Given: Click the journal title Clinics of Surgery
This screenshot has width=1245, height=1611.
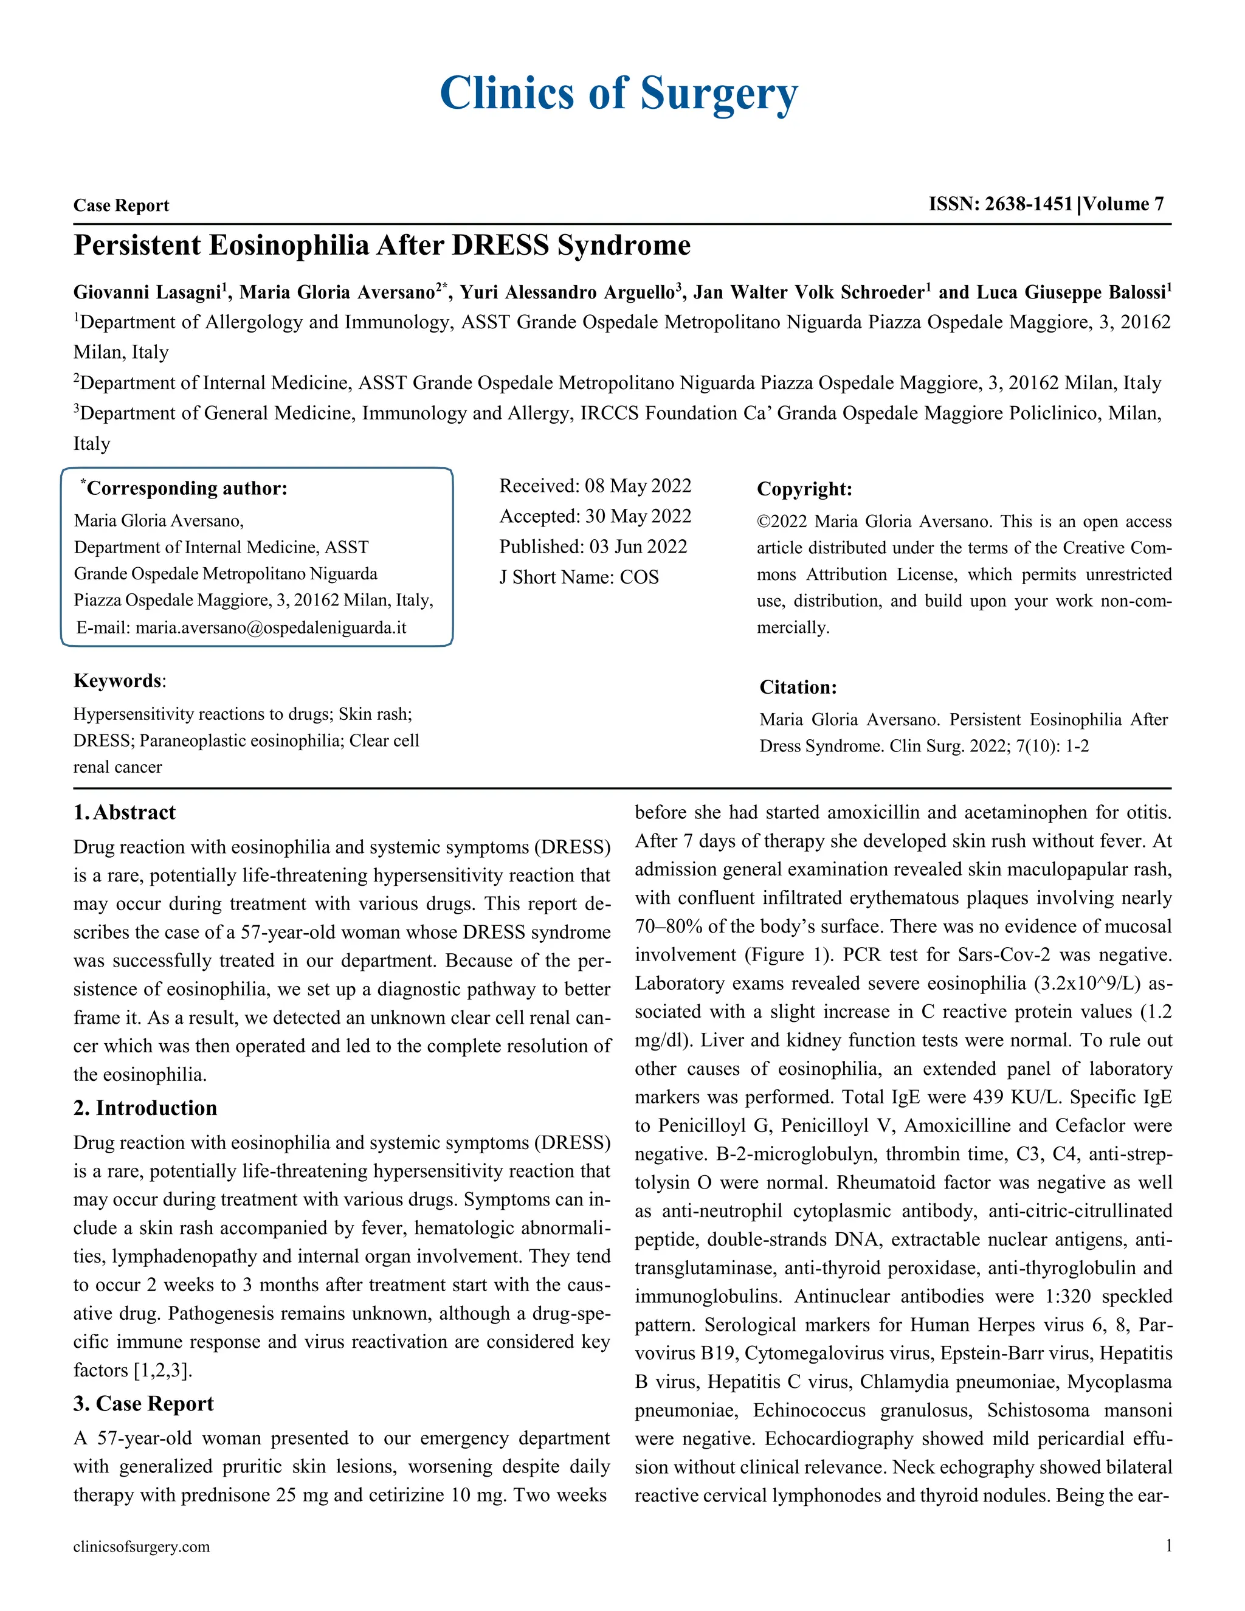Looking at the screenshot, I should pyautogui.click(x=618, y=94).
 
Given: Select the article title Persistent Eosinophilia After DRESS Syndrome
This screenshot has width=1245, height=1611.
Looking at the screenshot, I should pyautogui.click(x=382, y=246).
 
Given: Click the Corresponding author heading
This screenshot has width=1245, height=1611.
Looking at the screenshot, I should pyautogui.click(x=186, y=488).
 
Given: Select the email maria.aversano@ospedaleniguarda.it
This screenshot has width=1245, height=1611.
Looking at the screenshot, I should pyautogui.click(x=271, y=628).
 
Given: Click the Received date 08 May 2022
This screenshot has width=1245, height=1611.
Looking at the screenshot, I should pyautogui.click(x=637, y=486).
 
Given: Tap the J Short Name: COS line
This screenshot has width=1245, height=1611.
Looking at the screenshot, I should pyautogui.click(x=578, y=577).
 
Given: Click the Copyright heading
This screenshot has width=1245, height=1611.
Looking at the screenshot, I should pyautogui.click(x=804, y=489).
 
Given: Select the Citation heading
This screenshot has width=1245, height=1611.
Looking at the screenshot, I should pyautogui.click(x=798, y=688).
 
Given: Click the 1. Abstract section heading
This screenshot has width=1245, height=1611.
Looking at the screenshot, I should pyautogui.click(x=124, y=813).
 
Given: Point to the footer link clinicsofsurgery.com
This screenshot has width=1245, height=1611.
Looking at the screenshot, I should pyautogui.click(x=141, y=1547).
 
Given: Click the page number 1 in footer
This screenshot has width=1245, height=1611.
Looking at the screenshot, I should pyautogui.click(x=1168, y=1546).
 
